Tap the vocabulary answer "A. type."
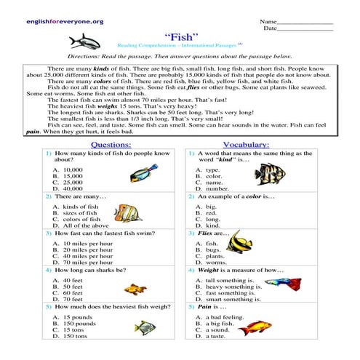tap(208, 169)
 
